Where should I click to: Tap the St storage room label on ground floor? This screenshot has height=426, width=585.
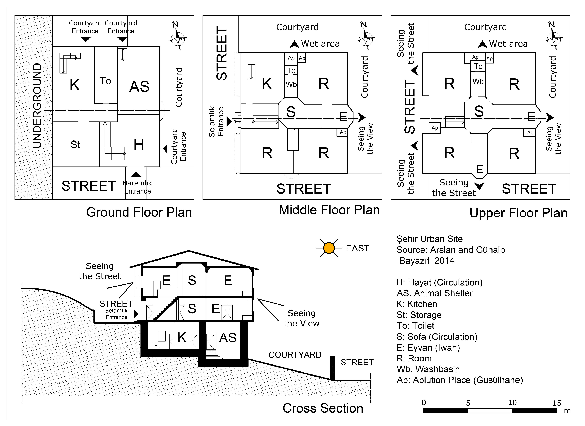(x=75, y=145)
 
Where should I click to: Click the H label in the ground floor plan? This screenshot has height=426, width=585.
(x=139, y=144)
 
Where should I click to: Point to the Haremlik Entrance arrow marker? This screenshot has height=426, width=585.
(x=136, y=175)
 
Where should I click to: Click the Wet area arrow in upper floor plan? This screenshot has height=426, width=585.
(x=482, y=44)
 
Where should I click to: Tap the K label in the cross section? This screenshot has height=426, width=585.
(x=182, y=337)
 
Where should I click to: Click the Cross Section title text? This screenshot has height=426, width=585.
(x=323, y=408)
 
